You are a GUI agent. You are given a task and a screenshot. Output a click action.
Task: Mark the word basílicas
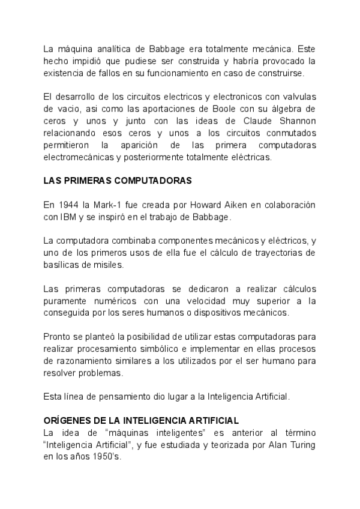(63, 265)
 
